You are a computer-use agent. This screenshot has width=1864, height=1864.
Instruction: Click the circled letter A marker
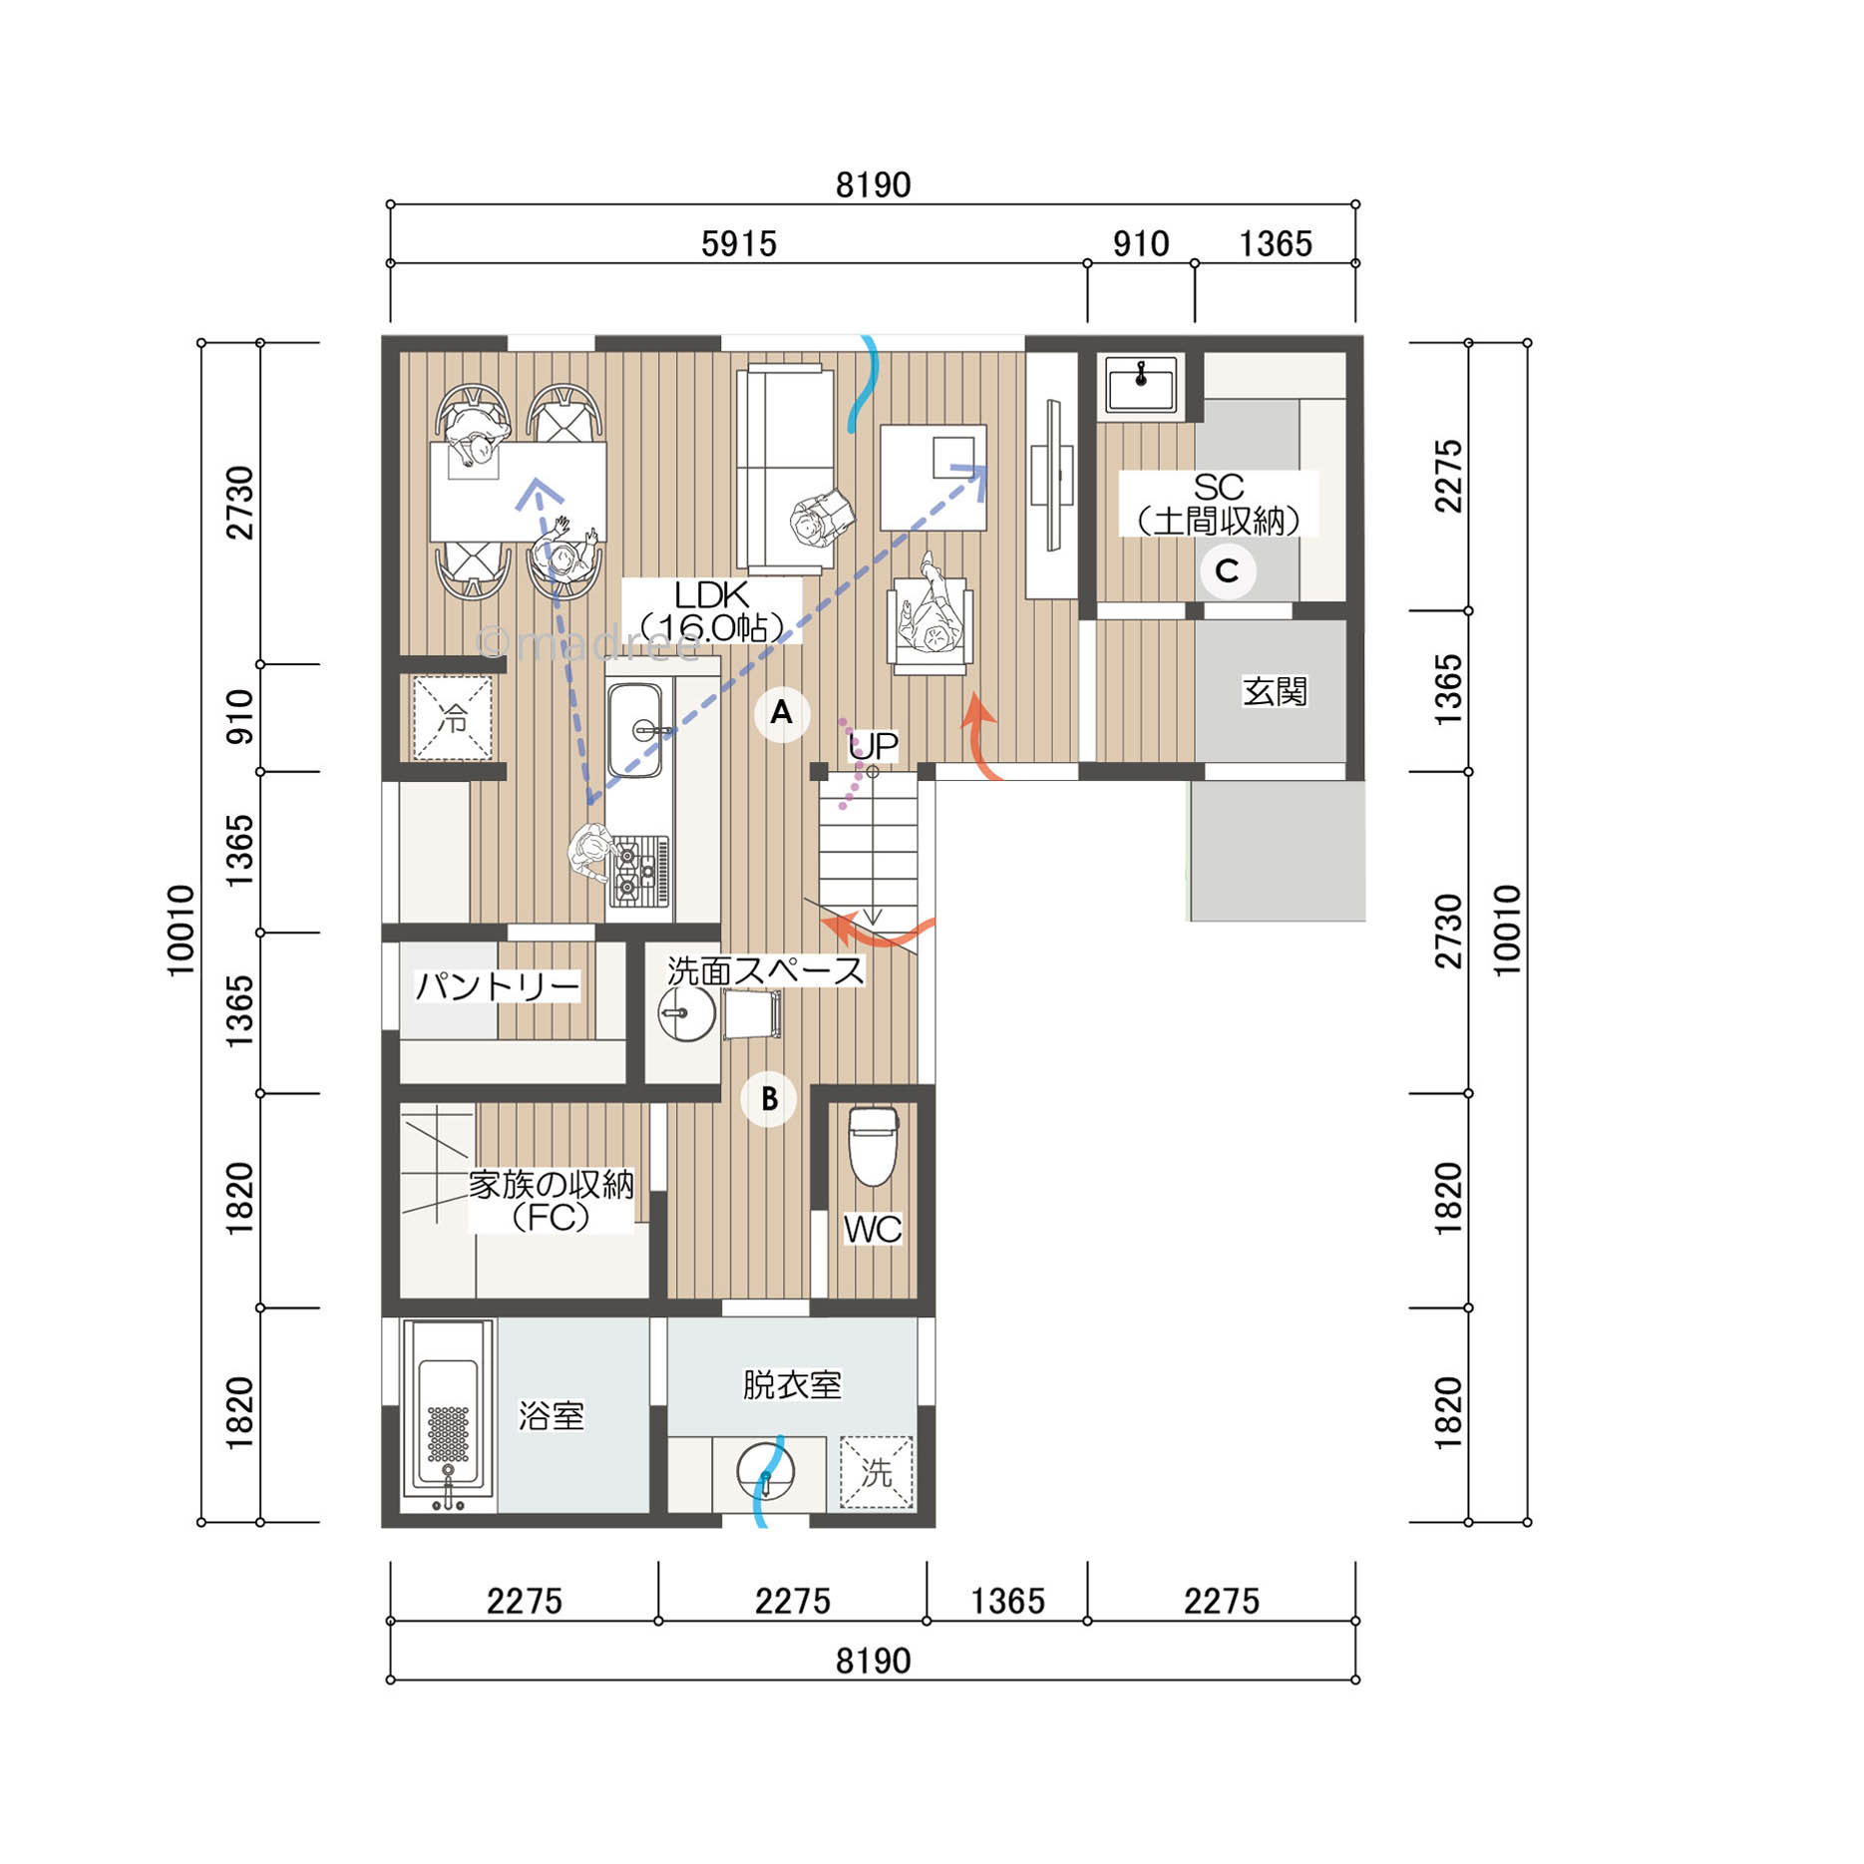click(x=781, y=713)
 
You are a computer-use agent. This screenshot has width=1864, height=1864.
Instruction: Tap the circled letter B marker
click(x=769, y=1099)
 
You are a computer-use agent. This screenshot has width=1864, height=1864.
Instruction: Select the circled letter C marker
click(x=1227, y=571)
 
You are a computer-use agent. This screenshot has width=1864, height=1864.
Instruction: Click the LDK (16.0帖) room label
click(x=712, y=610)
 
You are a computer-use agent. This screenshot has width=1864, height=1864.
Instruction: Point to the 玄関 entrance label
click(x=1275, y=691)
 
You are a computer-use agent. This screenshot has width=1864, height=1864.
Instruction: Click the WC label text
click(x=873, y=1230)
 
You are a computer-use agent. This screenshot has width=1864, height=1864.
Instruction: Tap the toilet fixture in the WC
click(x=873, y=1147)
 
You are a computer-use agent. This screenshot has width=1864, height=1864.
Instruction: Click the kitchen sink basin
click(x=635, y=729)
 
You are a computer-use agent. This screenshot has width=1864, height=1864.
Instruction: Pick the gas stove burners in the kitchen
click(x=639, y=870)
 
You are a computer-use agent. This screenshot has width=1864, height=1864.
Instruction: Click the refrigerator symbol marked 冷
click(x=453, y=717)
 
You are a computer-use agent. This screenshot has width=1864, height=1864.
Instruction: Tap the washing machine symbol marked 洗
click(x=876, y=1472)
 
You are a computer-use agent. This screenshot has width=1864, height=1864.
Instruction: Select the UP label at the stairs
click(x=873, y=745)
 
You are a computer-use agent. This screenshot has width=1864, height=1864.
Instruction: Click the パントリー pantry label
click(x=497, y=986)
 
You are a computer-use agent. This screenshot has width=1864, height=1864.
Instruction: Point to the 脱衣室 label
click(x=792, y=1384)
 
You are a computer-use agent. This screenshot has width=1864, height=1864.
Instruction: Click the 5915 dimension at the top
click(x=738, y=243)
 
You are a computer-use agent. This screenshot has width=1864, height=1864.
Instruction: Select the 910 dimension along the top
click(x=1141, y=243)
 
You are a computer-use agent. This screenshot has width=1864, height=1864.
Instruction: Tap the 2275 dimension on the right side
click(x=1448, y=476)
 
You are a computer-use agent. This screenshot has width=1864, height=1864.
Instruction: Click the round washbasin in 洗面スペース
click(x=687, y=1014)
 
